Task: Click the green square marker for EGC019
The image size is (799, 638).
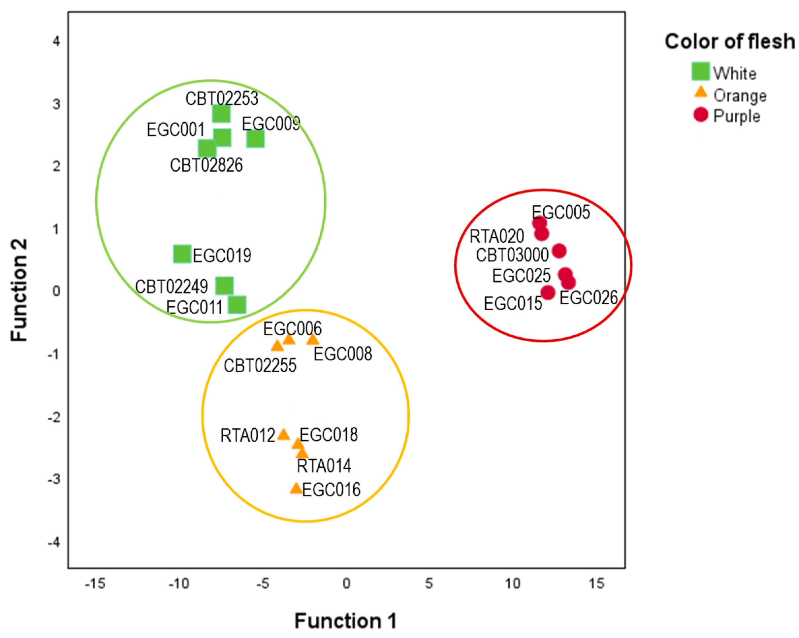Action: (x=182, y=254)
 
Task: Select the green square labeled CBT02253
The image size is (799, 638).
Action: (x=221, y=113)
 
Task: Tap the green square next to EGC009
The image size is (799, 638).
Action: (x=255, y=139)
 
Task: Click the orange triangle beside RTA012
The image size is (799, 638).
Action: (x=283, y=435)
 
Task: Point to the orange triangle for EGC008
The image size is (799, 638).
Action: (x=313, y=339)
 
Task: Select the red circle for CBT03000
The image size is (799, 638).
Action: (x=559, y=251)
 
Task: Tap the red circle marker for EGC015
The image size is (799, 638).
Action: (x=548, y=292)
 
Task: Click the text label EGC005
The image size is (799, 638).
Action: (x=561, y=212)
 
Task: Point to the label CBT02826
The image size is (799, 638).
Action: (x=206, y=165)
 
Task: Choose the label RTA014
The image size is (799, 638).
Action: (x=324, y=466)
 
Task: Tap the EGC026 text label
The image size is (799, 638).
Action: (x=589, y=297)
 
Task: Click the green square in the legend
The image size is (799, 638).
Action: (x=700, y=72)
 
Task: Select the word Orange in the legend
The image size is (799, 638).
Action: (x=740, y=96)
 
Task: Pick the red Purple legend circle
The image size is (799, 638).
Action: (x=700, y=115)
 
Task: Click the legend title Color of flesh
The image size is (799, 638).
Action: (x=729, y=42)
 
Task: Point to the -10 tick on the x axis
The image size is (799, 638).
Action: (x=179, y=584)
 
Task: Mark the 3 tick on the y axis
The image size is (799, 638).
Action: (x=56, y=104)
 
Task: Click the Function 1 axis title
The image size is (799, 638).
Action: (x=345, y=621)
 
